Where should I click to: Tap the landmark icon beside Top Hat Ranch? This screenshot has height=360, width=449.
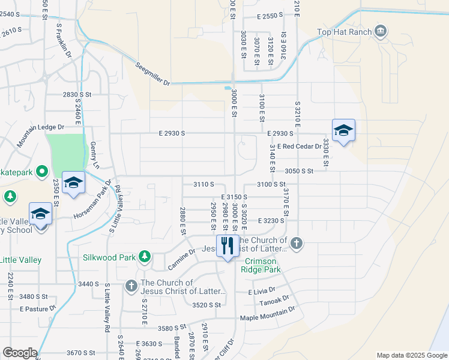coord(380,31)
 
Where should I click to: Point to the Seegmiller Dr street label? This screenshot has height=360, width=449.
coord(153,74)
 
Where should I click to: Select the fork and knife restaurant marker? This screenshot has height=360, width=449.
coord(227,247)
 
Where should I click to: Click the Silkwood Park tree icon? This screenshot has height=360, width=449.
coord(144,257)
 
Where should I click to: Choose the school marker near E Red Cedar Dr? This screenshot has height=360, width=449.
coord(343,131)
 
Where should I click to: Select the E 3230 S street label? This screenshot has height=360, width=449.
coord(271,221)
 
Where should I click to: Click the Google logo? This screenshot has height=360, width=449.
coord(20,353)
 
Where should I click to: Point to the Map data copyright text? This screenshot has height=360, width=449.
coord(411,355)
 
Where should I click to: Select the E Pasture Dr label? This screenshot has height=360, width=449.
coord(37,309)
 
